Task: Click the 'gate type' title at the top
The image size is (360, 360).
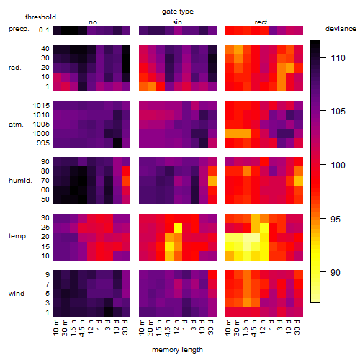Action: pos(178,12)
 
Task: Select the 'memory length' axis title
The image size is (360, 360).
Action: pos(177,350)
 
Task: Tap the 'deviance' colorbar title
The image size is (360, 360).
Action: pos(341,29)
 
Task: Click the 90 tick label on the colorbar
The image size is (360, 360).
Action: pos(336,272)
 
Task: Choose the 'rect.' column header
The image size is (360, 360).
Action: pos(261,22)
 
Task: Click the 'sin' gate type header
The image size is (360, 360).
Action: pos(177,22)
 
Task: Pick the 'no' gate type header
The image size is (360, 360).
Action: pos(93,22)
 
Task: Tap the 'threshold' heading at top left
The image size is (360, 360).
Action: pos(40,17)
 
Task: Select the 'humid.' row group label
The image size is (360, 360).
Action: pos(20,180)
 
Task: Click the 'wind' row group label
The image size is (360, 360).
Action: pos(17,294)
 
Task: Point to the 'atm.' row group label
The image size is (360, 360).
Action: pos(16,125)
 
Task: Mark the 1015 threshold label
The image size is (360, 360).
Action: pos(41,105)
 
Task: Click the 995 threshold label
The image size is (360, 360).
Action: pos(43,143)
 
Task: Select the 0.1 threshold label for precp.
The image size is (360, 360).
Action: pos(44,30)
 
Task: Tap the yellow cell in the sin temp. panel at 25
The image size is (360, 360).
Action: pos(177,228)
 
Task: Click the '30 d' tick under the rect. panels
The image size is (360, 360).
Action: pos(297,327)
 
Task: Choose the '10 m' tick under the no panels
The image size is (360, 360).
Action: pos(55,328)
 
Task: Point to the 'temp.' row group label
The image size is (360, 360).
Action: pos(18,236)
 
